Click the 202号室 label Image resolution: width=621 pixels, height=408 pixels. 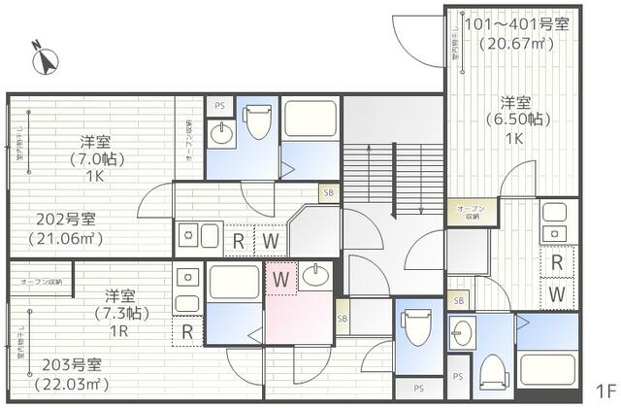tap(65, 219)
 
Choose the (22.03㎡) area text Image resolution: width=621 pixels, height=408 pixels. tap(65, 385)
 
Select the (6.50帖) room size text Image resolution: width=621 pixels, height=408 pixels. tap(514, 120)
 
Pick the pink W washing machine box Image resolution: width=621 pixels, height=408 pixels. tap(280, 278)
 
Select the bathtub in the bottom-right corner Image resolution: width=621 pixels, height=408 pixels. tap(546, 370)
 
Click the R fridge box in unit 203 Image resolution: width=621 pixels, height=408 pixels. tap(186, 333)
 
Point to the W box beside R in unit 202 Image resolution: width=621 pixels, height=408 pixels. tap(270, 239)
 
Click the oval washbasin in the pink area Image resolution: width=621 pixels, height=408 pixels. tap(314, 276)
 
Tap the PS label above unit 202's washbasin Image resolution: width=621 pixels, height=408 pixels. tap(219, 104)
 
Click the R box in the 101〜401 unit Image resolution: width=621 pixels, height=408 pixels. tap(557, 261)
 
